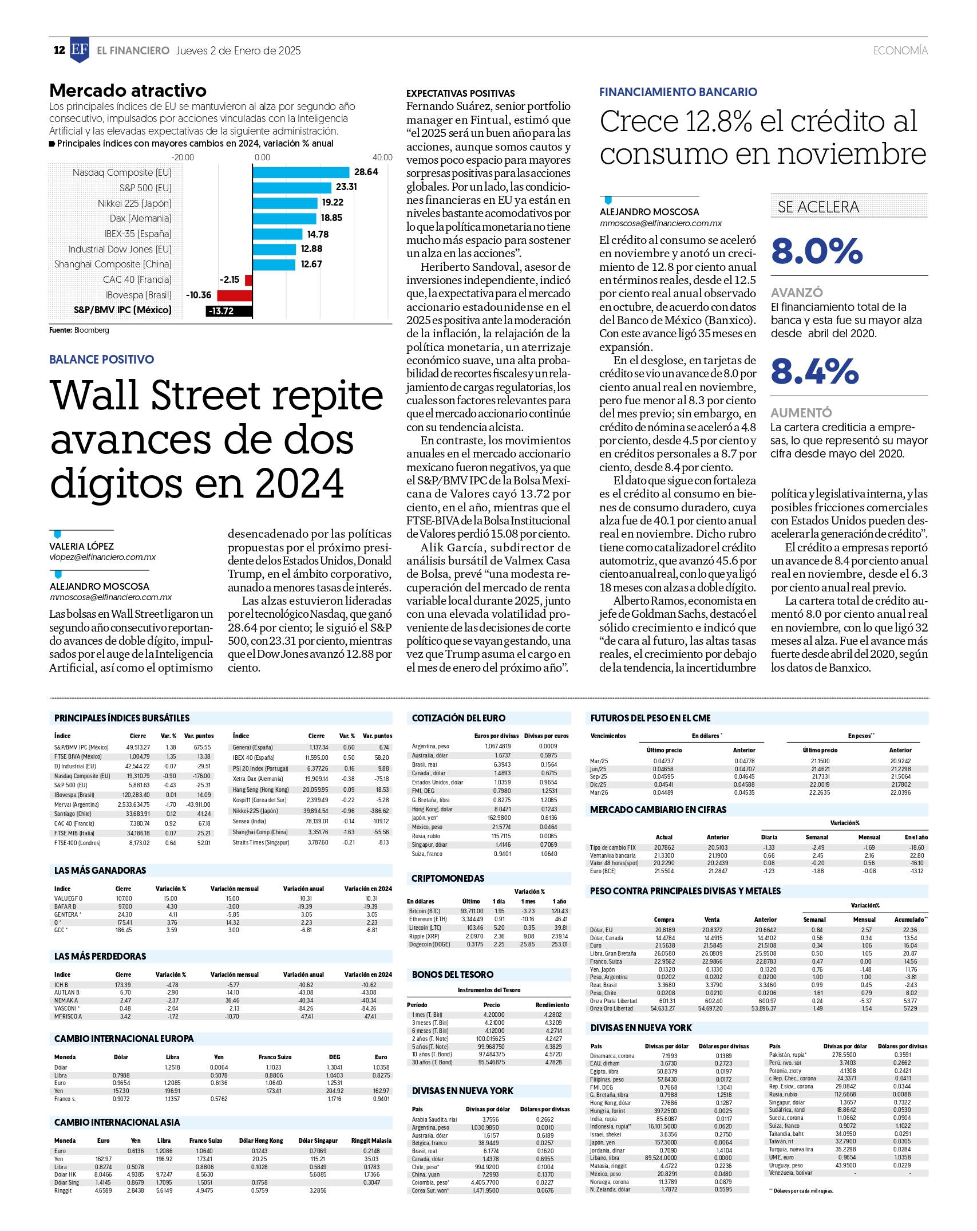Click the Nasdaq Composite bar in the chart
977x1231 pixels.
point(300,172)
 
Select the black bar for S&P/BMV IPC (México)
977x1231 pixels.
point(229,311)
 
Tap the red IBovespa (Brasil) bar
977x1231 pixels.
point(235,295)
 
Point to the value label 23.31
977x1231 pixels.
point(346,187)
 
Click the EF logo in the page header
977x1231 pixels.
point(80,50)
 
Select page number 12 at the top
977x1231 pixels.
point(59,50)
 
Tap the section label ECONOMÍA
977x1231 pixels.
point(900,50)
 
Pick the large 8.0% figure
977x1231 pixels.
point(817,251)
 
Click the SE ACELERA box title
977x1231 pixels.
point(818,207)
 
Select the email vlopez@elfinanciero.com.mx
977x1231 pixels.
point(102,557)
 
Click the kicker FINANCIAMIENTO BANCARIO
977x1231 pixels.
point(678,92)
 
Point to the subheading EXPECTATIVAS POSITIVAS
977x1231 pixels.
point(461,93)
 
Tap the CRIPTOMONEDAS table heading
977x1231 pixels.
point(448,878)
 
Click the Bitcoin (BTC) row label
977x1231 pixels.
point(424,911)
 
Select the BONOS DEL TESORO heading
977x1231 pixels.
point(453,974)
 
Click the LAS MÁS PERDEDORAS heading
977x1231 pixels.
point(100,956)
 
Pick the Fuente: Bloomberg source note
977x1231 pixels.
point(79,330)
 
